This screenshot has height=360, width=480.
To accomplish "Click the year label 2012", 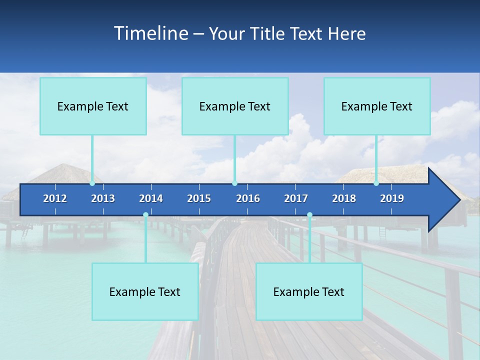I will [x=55, y=198].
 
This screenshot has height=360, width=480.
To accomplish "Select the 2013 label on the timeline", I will [x=103, y=198].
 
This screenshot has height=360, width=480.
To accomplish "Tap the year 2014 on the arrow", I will [x=151, y=198].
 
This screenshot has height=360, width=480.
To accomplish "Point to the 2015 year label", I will [x=199, y=198].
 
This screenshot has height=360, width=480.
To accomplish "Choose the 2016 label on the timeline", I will [x=248, y=198].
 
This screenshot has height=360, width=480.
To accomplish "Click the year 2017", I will [x=296, y=198].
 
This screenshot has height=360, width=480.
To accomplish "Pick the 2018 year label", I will [x=344, y=198].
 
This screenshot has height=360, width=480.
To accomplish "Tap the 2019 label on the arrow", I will [x=392, y=198].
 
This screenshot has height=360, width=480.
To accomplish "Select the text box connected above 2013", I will [x=93, y=106].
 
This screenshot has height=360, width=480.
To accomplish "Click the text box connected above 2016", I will [x=235, y=106].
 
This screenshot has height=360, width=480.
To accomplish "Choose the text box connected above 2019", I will [x=377, y=106].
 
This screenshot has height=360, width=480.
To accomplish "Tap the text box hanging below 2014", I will [x=145, y=291].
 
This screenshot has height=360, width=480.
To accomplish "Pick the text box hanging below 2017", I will [x=309, y=291].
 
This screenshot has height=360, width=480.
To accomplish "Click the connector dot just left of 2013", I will [x=92, y=183].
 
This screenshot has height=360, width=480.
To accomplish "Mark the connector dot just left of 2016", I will [x=234, y=183].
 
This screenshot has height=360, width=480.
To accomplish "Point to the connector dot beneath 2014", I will [x=145, y=215].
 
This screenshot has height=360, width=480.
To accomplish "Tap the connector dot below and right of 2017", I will [x=309, y=215].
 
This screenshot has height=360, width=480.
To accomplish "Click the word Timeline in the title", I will [x=150, y=33].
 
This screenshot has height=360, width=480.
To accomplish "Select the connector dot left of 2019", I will [x=376, y=183].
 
